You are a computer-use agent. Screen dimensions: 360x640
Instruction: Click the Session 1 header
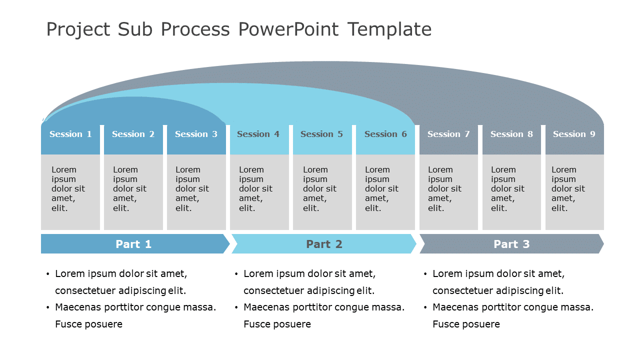pos(70,134)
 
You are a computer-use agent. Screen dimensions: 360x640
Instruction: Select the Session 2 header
pos(133,134)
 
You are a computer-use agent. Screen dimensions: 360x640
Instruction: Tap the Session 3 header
pos(196,134)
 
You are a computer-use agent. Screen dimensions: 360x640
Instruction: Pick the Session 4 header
pos(258,134)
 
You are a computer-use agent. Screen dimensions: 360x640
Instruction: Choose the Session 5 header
pos(321,134)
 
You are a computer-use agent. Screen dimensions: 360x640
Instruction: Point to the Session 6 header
pos(385,134)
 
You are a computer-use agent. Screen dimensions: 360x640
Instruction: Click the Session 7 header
pos(448,134)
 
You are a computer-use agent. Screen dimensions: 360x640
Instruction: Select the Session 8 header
pos(511,134)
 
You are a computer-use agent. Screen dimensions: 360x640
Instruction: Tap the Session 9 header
pos(574,134)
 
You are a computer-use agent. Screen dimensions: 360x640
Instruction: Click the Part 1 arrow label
pos(133,244)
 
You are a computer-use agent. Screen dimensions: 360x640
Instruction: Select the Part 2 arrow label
pos(324,244)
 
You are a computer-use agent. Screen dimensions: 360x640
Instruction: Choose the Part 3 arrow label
pos(511,244)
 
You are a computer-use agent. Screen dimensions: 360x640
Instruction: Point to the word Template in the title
pos(389,29)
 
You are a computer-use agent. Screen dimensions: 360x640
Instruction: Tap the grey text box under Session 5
pos(322,192)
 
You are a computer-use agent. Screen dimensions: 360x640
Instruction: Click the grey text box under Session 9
pos(574,192)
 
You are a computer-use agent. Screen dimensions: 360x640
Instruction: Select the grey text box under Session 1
pos(70,192)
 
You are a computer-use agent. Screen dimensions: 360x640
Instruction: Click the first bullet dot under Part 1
pos(48,274)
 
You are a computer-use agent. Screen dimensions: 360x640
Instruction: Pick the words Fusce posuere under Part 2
pos(277,324)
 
